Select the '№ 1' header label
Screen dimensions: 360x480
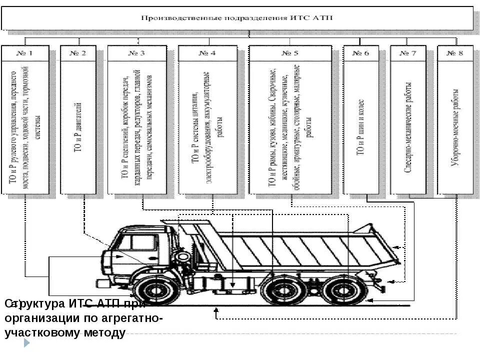coord(25,53)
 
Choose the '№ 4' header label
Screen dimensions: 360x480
coord(207,53)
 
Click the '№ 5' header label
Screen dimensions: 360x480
coord(289,53)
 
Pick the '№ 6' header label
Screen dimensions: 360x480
coord(360,53)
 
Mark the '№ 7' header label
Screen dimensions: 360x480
coord(408,53)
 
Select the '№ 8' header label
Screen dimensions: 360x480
coord(455,53)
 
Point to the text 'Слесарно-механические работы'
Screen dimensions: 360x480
coord(408,127)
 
